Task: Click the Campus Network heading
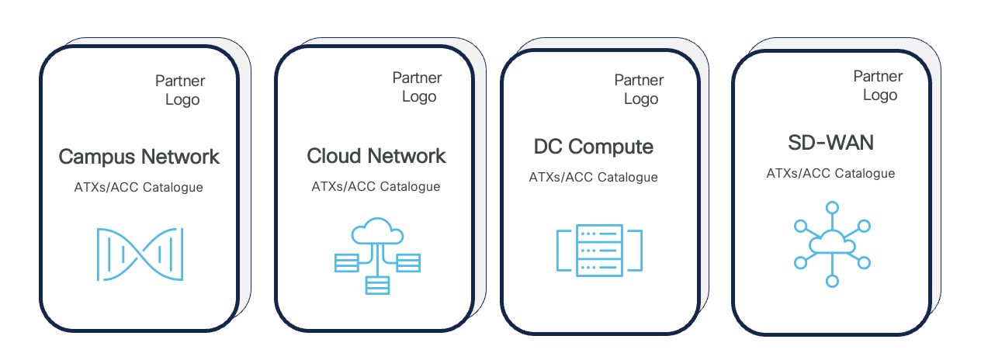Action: tap(140, 157)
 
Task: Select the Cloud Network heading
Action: tap(376, 156)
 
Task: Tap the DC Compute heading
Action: tap(594, 147)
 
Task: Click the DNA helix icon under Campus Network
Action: tap(140, 254)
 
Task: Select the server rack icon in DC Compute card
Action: tap(599, 250)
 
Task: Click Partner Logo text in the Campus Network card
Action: tap(181, 90)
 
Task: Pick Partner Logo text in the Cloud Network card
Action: tap(418, 87)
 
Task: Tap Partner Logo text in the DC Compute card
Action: tap(640, 89)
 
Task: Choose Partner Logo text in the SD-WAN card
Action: tap(878, 85)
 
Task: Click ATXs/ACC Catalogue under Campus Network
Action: tap(140, 188)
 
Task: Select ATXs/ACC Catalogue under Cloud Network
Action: tap(376, 186)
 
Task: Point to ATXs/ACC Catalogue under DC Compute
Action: tap(594, 177)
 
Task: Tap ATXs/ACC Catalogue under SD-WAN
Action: tap(830, 173)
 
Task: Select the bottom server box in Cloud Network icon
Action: tap(377, 286)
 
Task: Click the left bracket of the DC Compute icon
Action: tap(561, 250)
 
